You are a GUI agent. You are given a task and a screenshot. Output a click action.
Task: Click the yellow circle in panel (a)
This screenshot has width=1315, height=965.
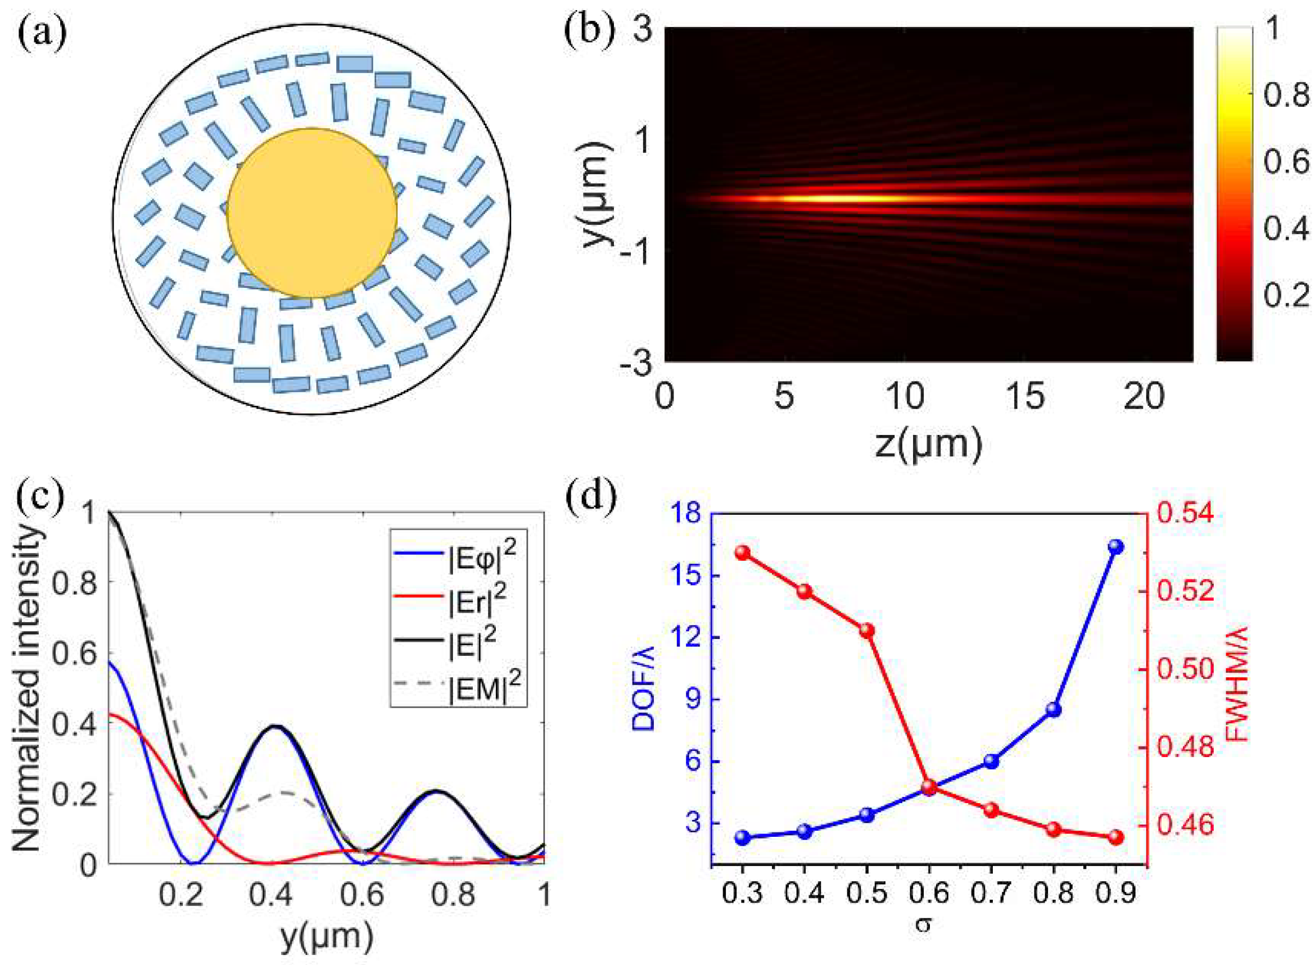coord(312,213)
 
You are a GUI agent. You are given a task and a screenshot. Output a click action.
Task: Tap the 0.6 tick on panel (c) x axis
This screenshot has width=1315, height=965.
coord(362,895)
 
